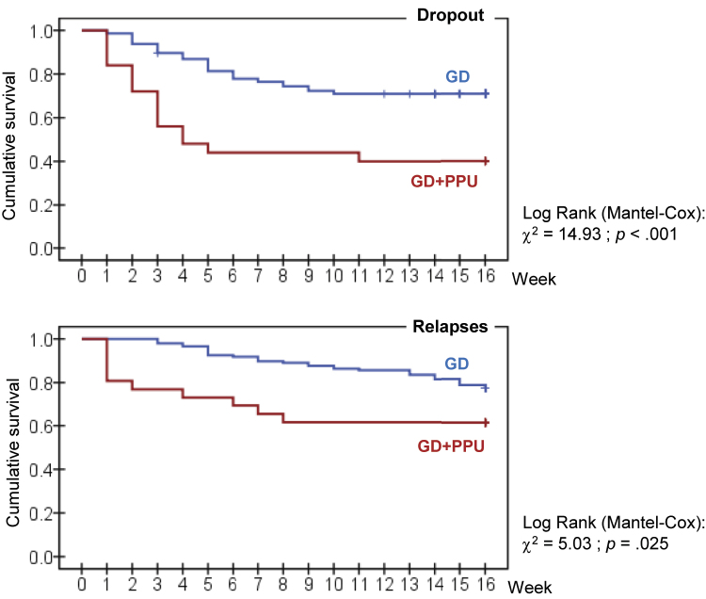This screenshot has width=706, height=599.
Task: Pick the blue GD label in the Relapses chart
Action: (x=457, y=364)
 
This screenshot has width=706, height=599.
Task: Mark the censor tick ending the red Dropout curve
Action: (x=485, y=161)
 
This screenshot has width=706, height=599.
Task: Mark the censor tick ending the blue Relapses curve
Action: (x=485, y=388)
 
